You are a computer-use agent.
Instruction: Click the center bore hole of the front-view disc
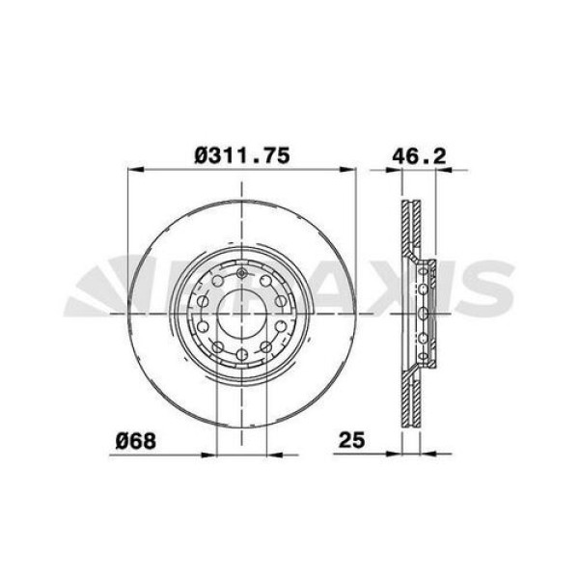241,314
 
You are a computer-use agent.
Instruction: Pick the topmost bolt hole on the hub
241,275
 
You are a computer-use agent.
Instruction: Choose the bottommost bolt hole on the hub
241,353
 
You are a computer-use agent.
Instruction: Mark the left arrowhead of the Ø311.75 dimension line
132,172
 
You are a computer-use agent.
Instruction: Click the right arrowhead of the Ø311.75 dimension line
351,172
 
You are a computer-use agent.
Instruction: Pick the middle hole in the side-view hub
424,314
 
